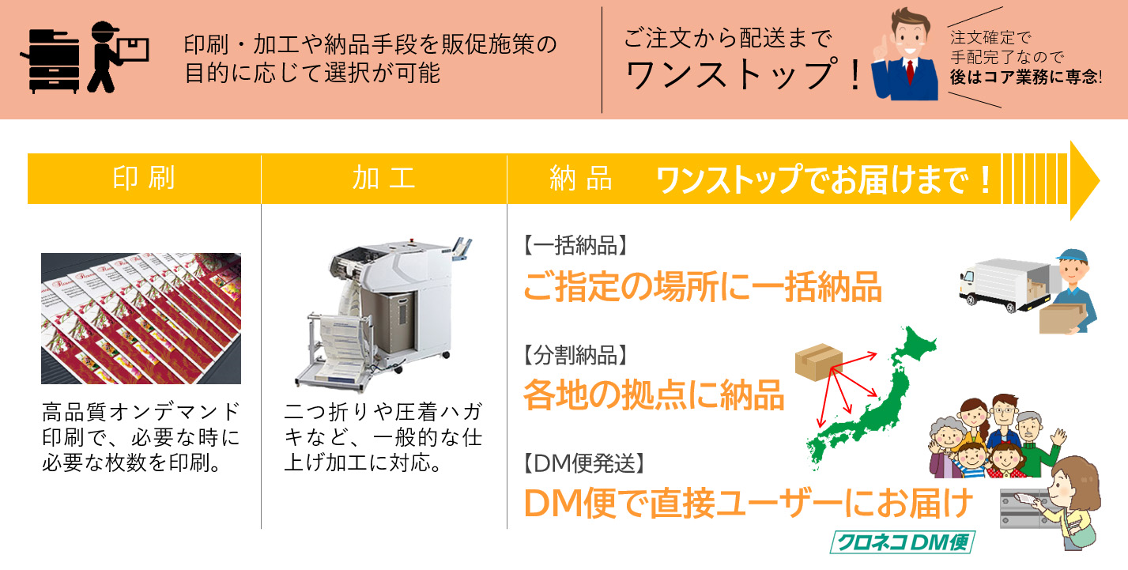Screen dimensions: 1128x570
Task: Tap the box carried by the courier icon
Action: click(133, 49)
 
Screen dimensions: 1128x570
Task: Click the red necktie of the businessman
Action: click(911, 71)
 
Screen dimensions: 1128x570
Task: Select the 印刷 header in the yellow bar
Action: click(144, 178)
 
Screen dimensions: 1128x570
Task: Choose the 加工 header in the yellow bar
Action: click(383, 178)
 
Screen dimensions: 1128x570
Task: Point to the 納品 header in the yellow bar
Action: click(581, 178)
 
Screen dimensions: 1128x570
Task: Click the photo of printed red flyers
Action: click(141, 319)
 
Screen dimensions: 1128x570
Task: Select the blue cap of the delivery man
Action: click(1073, 256)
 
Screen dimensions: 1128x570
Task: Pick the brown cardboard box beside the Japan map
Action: click(818, 361)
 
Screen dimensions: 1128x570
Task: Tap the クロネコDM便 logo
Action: click(903, 542)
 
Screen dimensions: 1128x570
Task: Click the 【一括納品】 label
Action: click(575, 246)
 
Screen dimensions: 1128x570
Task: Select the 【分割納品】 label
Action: click(575, 356)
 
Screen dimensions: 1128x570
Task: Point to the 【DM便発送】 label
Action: click(583, 463)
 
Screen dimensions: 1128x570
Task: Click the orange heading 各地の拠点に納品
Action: click(654, 396)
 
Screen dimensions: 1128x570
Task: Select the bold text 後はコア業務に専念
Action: click(1024, 77)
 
